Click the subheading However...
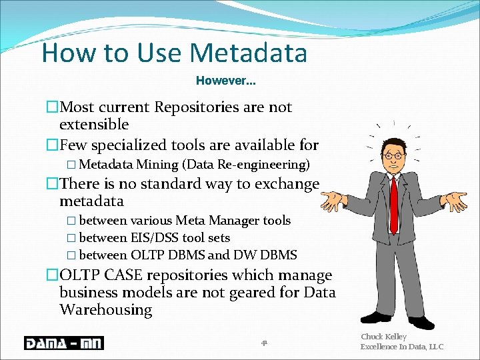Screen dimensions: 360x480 point(225,81)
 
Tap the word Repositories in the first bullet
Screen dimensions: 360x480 point(196,107)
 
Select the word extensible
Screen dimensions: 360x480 point(94,125)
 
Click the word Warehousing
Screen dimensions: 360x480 point(105,310)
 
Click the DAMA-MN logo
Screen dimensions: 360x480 point(64,343)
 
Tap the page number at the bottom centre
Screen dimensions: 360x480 point(264,343)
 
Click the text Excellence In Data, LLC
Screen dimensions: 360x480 point(401,347)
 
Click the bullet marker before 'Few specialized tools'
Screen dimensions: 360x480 point(52,145)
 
